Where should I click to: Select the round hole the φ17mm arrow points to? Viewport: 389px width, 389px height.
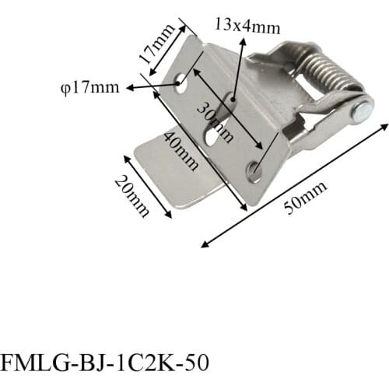180,82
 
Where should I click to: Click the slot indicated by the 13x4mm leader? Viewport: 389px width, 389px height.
232,100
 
